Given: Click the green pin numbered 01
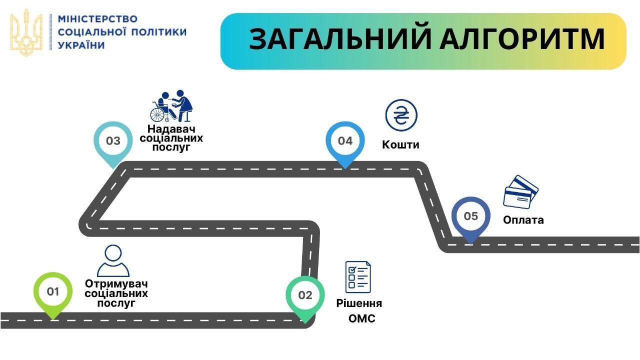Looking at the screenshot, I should coord(53,292).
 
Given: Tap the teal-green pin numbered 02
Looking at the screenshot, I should coord(305,295).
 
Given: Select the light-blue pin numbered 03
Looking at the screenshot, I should coord(113,141).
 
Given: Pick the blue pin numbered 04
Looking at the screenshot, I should coord(345,141).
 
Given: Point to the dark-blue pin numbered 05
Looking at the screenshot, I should coord(470,217).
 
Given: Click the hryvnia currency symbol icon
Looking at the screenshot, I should coord(401,115).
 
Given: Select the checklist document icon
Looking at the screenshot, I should coord(358,276).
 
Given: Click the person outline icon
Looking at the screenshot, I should coord(113,260).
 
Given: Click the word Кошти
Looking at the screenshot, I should coord(400,145).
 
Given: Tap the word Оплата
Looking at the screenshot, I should coord(523,220).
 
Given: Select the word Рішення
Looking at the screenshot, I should coord(359,303).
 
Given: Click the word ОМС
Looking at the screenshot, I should coord(361,319).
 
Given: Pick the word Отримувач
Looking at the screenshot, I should coord(116,283).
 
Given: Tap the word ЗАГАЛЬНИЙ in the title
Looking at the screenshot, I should coord(340,39).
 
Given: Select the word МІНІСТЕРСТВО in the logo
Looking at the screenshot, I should coord(97,19).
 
